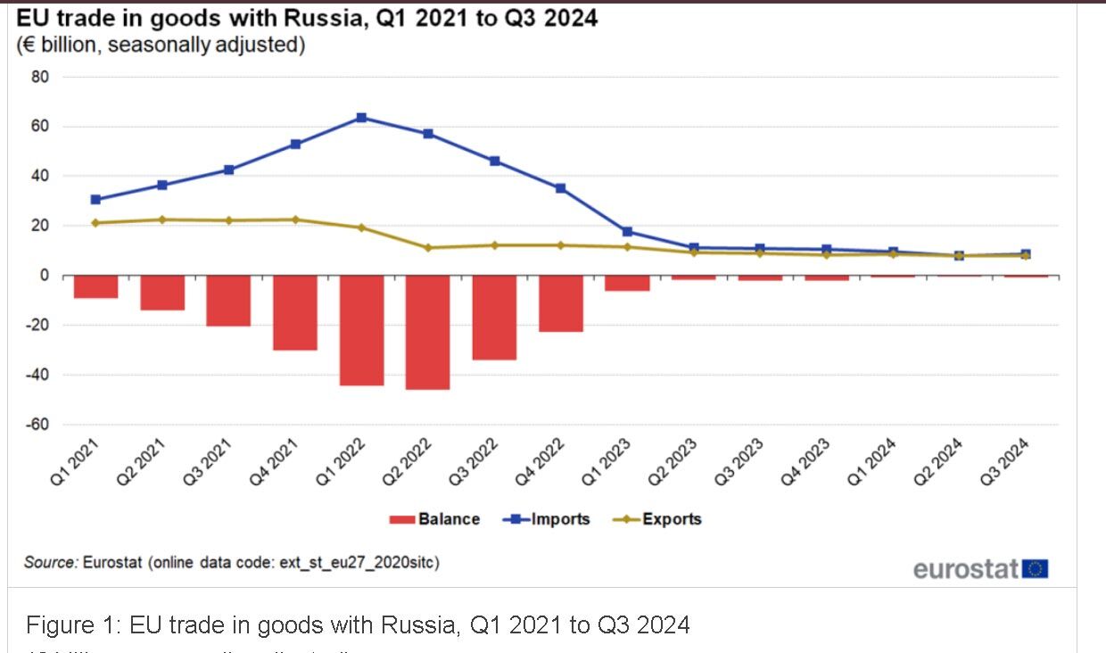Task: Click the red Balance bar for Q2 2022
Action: pos(427,332)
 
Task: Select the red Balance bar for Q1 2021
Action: pos(95,286)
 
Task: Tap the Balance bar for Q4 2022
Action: pos(560,303)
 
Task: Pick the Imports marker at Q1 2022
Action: pos(361,118)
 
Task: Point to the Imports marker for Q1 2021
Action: pos(95,200)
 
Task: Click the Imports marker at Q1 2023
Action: pos(627,232)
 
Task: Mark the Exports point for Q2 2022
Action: pos(427,247)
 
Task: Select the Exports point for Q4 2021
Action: pos(294,219)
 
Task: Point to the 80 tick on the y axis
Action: pos(41,78)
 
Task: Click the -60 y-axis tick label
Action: pos(37,425)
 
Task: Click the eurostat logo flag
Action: pos(1036,569)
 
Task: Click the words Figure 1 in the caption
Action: pos(71,624)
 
